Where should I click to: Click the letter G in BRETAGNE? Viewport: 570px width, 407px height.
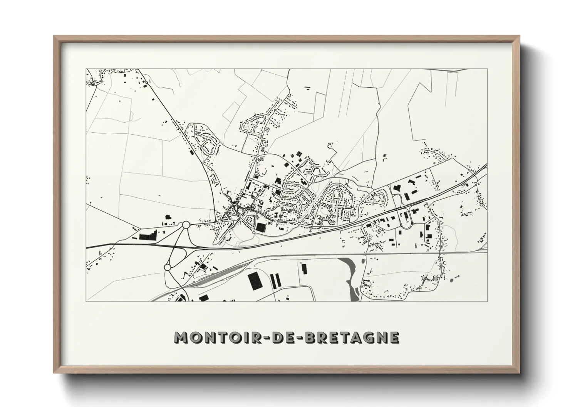point(367,337)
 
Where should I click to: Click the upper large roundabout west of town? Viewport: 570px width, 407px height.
point(186,224)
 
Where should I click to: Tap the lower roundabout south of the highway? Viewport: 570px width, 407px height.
point(168,267)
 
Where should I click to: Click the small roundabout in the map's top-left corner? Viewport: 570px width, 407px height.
point(147,82)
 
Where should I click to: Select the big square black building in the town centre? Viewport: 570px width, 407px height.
point(261,227)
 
